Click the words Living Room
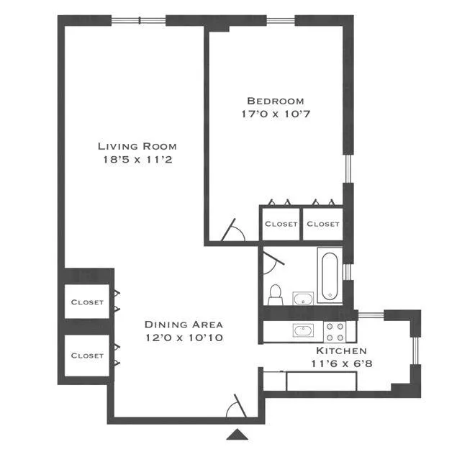(137, 146)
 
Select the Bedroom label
(275, 101)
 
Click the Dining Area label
(184, 324)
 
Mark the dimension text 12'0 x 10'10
(184, 337)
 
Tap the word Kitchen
(342, 350)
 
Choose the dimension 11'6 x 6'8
(342, 363)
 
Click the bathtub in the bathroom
(330, 275)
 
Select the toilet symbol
(275, 294)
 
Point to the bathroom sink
(303, 297)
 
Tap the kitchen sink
(303, 330)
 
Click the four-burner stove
(335, 331)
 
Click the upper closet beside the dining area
(87, 302)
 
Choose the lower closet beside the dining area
(87, 356)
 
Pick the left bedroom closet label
(281, 224)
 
